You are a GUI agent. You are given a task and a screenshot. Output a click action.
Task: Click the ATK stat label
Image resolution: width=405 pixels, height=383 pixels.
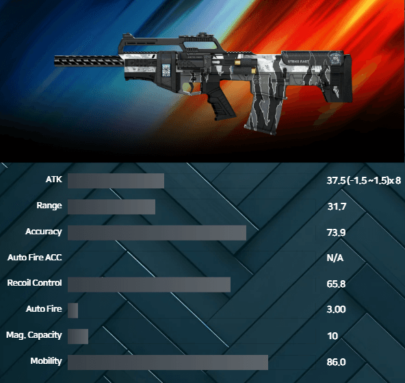[54, 180]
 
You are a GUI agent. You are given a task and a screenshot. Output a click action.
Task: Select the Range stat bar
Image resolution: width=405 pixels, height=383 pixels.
[112, 207]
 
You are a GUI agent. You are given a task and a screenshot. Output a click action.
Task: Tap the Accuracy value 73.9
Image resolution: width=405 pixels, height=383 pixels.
[336, 232]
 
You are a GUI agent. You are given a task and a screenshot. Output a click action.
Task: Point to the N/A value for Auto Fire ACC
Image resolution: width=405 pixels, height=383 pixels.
[335, 258]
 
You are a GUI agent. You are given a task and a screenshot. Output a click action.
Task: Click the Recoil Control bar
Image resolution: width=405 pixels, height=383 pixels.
[149, 285]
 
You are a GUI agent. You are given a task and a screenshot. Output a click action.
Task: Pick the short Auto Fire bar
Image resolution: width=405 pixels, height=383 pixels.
[73, 310]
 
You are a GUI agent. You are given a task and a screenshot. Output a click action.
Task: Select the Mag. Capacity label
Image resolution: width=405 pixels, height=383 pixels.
[34, 335]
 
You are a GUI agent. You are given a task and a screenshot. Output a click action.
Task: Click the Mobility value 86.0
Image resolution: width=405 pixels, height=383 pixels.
[336, 362]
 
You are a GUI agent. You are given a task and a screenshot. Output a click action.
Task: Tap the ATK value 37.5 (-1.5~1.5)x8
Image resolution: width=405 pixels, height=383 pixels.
[364, 180]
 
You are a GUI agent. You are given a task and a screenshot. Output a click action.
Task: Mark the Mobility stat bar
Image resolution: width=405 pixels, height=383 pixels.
[168, 362]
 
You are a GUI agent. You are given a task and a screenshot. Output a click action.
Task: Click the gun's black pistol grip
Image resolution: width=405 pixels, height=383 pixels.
[220, 103]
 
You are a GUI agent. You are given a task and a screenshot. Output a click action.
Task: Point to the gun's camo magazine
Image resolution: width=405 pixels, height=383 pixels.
[266, 110]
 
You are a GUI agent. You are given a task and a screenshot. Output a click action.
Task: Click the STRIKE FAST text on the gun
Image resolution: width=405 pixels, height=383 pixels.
[298, 62]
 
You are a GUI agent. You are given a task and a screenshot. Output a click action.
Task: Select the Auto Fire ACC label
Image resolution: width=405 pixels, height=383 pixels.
[35, 258]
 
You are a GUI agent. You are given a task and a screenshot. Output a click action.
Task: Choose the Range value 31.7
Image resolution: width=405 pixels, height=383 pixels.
[337, 206]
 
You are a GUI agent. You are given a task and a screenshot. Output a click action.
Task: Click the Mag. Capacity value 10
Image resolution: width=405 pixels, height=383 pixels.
[332, 336]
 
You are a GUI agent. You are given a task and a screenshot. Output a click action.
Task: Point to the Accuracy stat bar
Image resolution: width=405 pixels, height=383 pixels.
[157, 233]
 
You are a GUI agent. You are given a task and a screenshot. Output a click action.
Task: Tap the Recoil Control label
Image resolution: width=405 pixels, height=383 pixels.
[35, 283]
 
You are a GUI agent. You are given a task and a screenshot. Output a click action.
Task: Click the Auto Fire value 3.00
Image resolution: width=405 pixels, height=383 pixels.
[336, 309]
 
